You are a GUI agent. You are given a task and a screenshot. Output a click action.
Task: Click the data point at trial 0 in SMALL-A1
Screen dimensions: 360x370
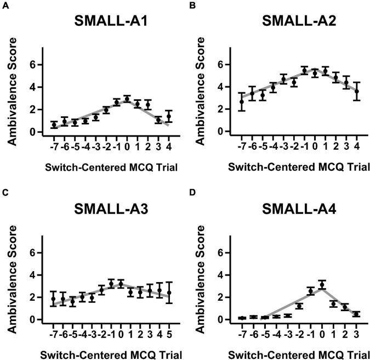tap(127, 99)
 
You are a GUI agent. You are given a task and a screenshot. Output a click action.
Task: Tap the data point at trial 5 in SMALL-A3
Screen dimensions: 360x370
tap(169, 292)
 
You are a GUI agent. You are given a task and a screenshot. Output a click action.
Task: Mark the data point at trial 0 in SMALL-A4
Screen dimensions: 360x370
tap(322, 284)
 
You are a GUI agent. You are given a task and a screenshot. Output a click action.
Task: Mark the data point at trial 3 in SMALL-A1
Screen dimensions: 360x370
tap(158, 120)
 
